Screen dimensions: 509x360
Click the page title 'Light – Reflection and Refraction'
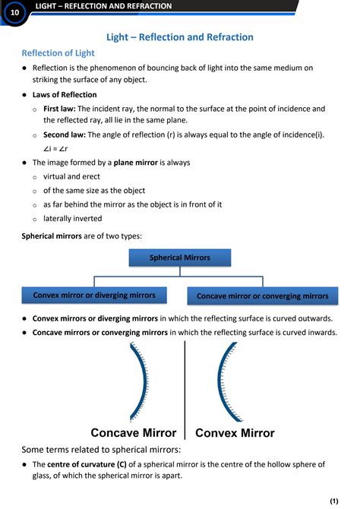179,37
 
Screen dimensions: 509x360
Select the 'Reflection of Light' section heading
58,53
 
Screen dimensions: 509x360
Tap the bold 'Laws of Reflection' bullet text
65,95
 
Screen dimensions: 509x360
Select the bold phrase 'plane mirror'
140,163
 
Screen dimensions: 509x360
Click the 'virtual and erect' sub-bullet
71,176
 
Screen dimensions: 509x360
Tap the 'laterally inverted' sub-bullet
72,218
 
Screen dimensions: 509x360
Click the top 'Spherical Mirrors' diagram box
179,258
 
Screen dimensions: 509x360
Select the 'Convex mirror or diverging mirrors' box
94,295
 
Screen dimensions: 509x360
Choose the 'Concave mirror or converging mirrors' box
262,296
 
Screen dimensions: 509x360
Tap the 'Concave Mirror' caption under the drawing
134,433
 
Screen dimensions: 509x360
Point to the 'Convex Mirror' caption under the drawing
235,433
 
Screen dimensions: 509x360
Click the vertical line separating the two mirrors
185,387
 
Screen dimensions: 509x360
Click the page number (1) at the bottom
333,501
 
